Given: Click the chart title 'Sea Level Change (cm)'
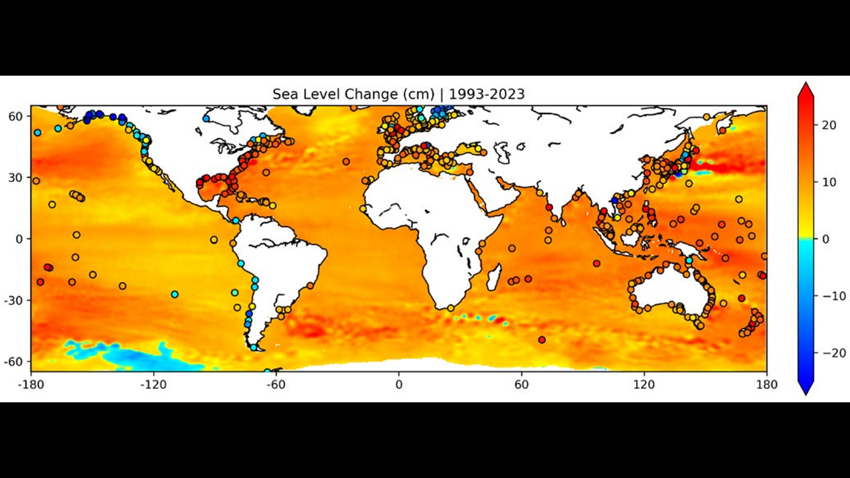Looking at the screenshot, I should tap(353, 94).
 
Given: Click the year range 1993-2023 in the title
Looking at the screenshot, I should tap(487, 94).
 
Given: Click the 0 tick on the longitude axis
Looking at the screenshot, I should tap(398, 384).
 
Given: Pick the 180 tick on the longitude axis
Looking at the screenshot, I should tap(766, 384).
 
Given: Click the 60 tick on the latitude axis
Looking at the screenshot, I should tap(15, 116).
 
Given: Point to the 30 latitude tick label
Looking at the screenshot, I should tap(15, 177).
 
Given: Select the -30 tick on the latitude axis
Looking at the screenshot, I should tap(13, 300).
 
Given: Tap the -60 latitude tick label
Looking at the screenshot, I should tap(13, 361).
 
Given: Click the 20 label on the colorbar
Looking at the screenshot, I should tap(825, 126).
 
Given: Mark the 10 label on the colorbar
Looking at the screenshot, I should tap(825, 183).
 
